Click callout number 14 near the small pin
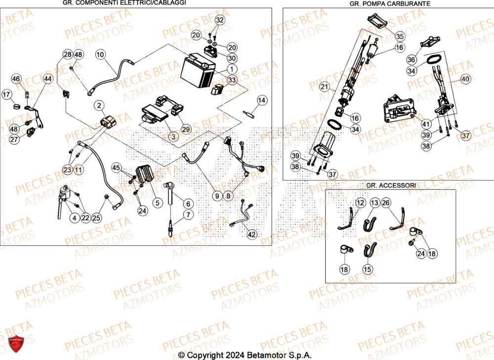pyautogui.click(x=261, y=101)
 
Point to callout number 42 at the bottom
pyautogui.click(x=251, y=235)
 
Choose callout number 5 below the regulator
pyautogui.click(x=158, y=202)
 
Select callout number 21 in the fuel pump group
pyautogui.click(x=324, y=87)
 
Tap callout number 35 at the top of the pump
pyautogui.click(x=400, y=36)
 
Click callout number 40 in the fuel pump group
pyautogui.click(x=466, y=79)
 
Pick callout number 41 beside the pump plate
pyautogui.click(x=426, y=123)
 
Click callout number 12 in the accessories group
pyautogui.click(x=360, y=202)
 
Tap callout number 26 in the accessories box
pyautogui.click(x=386, y=202)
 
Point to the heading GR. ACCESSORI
pyautogui.click(x=391, y=185)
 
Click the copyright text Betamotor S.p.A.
pyautogui.click(x=245, y=355)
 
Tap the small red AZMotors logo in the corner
pyautogui.click(x=17, y=344)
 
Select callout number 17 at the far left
pyautogui.click(x=7, y=94)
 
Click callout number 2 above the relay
pyautogui.click(x=100, y=105)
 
